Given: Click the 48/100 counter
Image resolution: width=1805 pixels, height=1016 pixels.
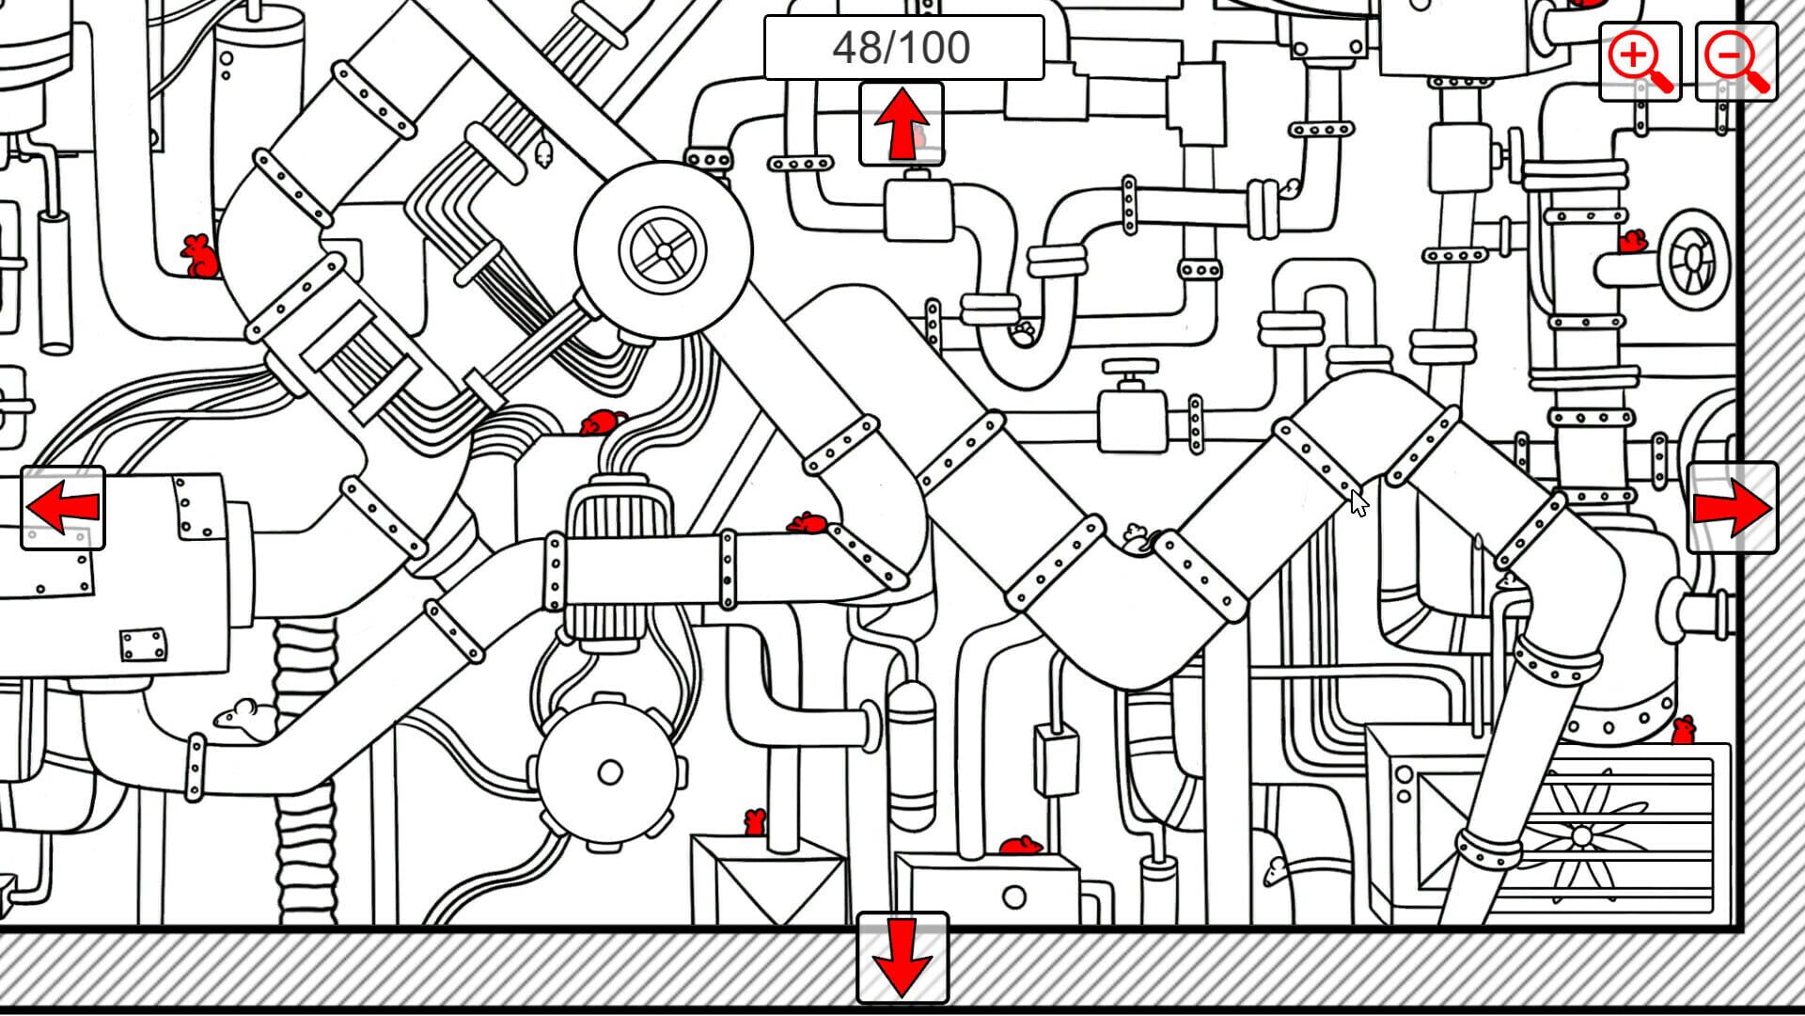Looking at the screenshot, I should click(902, 47).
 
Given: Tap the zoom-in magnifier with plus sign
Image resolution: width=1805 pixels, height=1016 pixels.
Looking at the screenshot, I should click(1640, 61).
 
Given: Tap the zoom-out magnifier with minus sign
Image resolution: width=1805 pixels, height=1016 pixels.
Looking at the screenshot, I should click(1735, 61).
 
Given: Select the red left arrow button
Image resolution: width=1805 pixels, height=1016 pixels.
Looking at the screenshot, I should click(63, 508).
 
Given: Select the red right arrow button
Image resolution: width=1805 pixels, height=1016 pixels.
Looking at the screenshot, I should click(1732, 508).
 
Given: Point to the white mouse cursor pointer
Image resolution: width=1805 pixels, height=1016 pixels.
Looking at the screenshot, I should click(1358, 502).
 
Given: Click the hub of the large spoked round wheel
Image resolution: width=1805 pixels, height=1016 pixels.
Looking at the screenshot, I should click(664, 250).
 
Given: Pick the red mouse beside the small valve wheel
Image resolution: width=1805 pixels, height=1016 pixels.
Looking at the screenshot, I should click(1632, 242).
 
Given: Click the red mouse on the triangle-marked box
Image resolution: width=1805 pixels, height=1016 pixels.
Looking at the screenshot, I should click(754, 822).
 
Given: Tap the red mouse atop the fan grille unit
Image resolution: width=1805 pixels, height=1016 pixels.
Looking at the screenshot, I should click(1683, 729).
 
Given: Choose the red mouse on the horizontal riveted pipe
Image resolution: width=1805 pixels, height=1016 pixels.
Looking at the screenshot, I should click(808, 523).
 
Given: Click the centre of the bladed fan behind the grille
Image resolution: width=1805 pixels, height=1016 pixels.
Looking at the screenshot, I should click(1581, 835).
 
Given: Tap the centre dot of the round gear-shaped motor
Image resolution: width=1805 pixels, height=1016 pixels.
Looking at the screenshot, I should click(610, 772).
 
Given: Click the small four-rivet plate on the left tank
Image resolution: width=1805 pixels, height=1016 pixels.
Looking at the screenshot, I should click(144, 645).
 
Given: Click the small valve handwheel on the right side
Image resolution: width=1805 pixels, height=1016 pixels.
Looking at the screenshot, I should click(1693, 258).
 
